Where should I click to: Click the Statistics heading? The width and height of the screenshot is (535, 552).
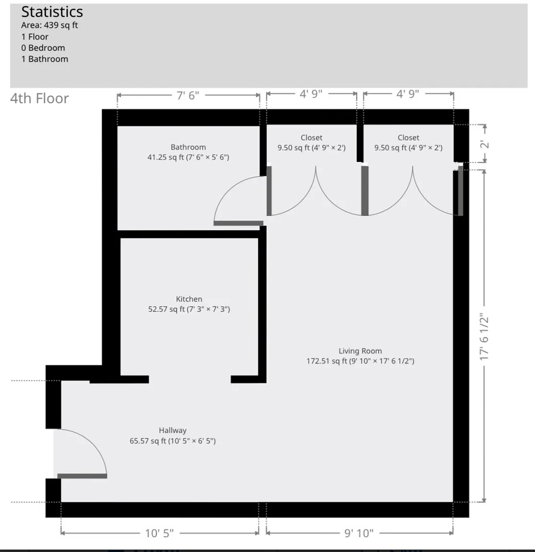[52, 11]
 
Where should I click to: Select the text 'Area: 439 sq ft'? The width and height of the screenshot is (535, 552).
[49, 25]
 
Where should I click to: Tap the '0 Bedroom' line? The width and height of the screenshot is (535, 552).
[43, 48]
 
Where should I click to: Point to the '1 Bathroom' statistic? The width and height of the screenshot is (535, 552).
[45, 59]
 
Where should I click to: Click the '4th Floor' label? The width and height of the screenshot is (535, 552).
[39, 98]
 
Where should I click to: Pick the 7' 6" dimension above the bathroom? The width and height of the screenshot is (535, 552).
[188, 95]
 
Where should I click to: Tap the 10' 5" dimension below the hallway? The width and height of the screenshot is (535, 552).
[159, 533]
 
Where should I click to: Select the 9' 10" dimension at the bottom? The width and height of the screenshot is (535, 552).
[359, 533]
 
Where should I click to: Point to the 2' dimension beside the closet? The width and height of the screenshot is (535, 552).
[485, 144]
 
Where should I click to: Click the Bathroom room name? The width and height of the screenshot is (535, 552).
[188, 147]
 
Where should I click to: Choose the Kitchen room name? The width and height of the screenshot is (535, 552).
[189, 299]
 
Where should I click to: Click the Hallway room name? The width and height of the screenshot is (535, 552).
[172, 430]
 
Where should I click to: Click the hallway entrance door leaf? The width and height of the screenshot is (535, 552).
[82, 476]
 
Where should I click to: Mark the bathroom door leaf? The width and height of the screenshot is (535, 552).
[238, 223]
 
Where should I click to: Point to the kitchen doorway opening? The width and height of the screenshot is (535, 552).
[190, 379]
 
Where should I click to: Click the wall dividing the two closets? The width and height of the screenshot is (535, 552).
[360, 143]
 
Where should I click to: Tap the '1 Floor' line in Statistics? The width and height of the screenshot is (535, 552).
[35, 36]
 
